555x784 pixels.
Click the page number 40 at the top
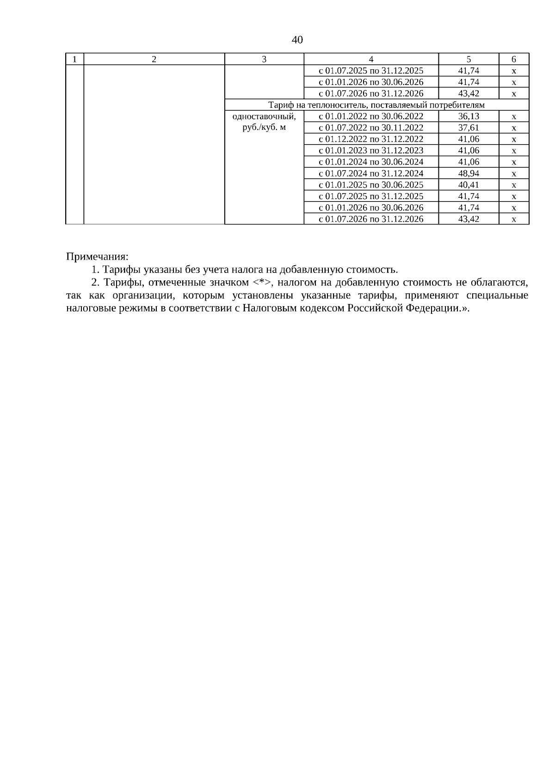(x=297, y=40)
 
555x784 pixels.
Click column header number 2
(x=154, y=59)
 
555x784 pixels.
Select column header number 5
(x=469, y=59)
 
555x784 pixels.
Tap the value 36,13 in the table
(x=469, y=116)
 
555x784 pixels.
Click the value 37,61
(x=469, y=128)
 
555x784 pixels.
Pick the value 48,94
(x=469, y=174)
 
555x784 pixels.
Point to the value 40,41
(x=469, y=185)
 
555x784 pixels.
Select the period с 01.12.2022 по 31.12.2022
(x=371, y=139)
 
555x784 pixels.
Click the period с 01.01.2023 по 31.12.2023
(x=371, y=151)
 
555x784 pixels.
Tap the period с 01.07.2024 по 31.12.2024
(x=371, y=174)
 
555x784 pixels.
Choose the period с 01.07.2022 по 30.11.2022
(x=371, y=128)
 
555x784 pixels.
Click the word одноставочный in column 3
(x=264, y=116)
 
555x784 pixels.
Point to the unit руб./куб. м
(x=264, y=128)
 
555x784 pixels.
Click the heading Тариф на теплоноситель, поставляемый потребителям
(x=376, y=105)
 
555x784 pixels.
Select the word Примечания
(x=97, y=256)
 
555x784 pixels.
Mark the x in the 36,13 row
(x=513, y=117)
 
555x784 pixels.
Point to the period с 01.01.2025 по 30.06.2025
(x=371, y=185)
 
